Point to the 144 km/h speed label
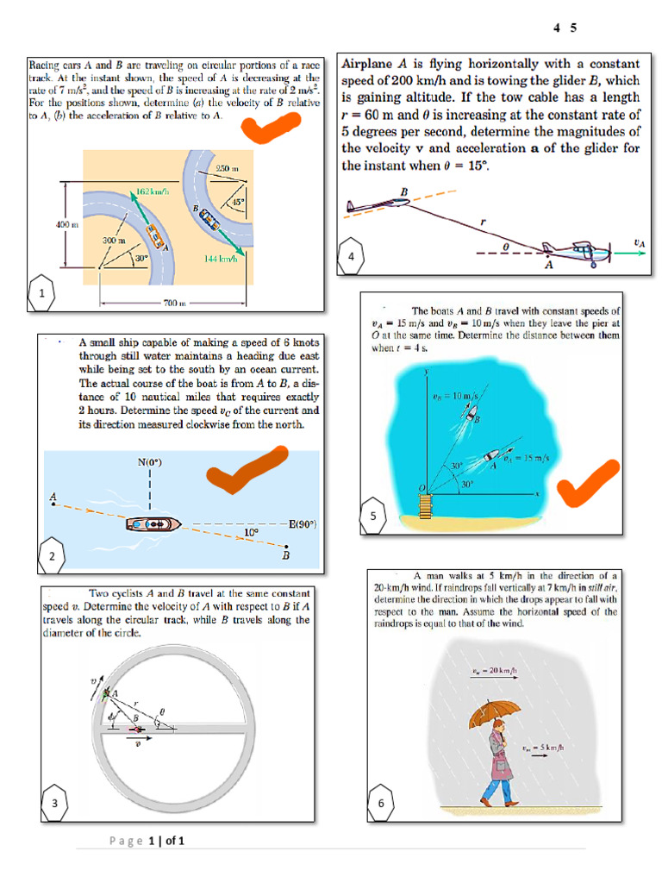(x=222, y=258)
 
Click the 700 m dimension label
(x=175, y=304)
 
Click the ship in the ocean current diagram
(x=153, y=523)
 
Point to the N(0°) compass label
(x=150, y=462)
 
